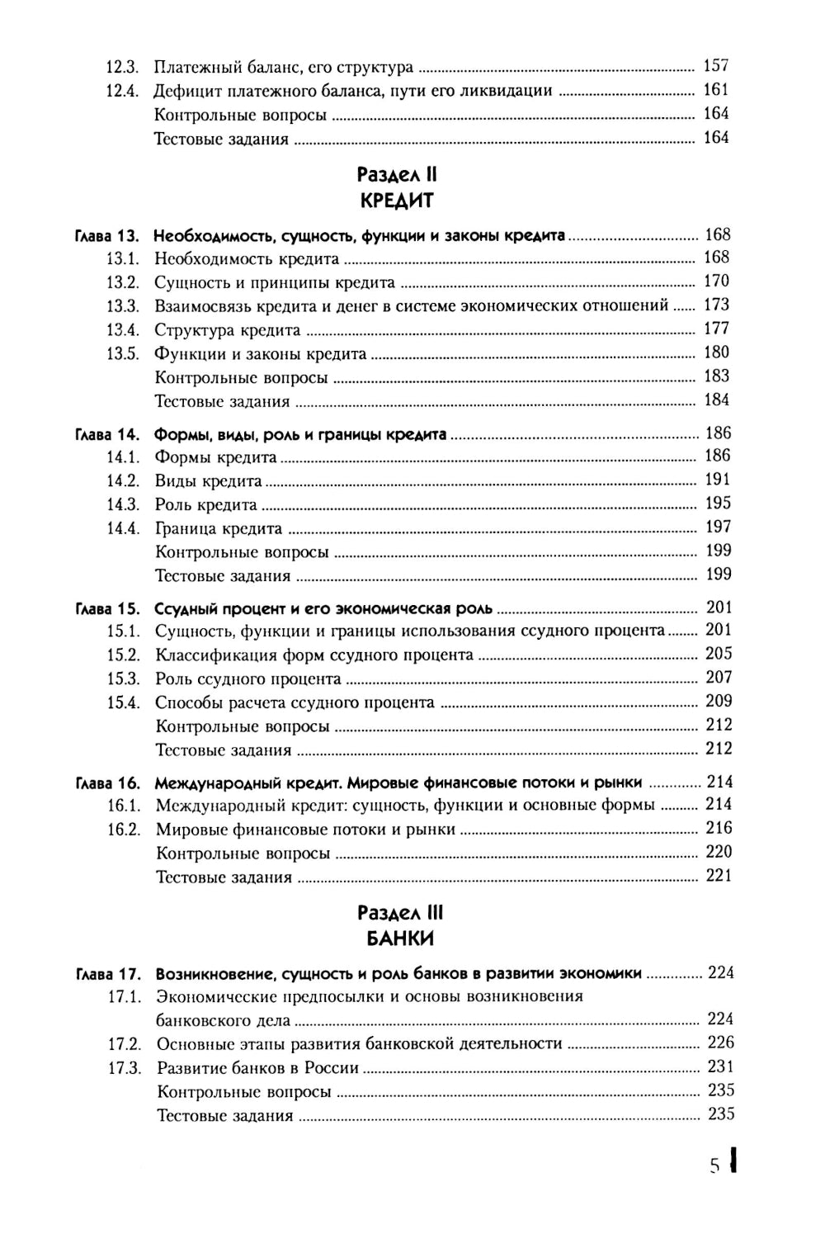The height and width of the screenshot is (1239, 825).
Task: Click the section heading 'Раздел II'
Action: [396, 175]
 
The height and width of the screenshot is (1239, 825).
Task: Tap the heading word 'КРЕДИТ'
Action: [397, 201]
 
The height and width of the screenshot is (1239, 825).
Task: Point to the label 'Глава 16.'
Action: [107, 783]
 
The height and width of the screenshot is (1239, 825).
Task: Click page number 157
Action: [715, 66]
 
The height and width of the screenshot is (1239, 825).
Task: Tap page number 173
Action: [716, 305]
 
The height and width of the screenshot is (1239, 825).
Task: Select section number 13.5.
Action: [122, 353]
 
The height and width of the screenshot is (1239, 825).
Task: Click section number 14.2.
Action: [123, 480]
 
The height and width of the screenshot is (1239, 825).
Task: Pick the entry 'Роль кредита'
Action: [205, 505]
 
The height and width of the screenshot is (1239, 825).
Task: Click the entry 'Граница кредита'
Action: [219, 529]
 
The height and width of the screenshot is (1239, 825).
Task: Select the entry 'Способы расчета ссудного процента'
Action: [295, 703]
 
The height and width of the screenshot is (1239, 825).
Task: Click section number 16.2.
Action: [125, 829]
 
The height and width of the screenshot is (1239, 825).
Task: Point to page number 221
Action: [719, 876]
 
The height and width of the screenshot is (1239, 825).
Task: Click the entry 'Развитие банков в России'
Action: [257, 1068]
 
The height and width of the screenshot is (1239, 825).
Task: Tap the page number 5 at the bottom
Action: [715, 1166]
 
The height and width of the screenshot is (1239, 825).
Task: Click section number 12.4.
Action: [121, 91]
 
